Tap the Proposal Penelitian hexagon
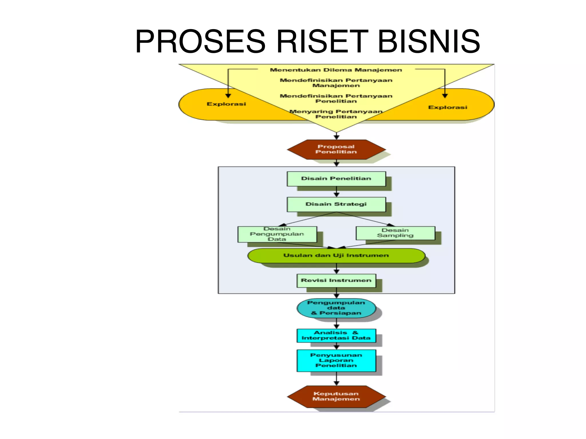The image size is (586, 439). [x=336, y=149]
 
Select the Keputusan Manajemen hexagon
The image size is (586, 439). [x=336, y=396]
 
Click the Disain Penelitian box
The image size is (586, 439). [x=336, y=179]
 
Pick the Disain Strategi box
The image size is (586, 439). [x=336, y=204]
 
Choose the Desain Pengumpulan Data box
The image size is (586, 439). [x=277, y=234]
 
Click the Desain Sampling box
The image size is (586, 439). [x=395, y=233]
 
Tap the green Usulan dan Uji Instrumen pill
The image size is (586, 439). [x=336, y=255]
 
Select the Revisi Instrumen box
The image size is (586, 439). [x=336, y=280]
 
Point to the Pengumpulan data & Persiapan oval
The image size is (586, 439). [x=336, y=308]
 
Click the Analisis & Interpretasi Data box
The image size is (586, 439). [x=336, y=335]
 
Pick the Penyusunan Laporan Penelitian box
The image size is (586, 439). [x=336, y=360]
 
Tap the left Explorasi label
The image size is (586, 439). [x=226, y=104]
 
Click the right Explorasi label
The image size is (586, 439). [x=448, y=107]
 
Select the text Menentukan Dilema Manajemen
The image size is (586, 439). [x=336, y=70]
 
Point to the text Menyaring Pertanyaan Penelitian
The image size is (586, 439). [x=336, y=114]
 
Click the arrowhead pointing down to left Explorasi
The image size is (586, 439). [x=228, y=96]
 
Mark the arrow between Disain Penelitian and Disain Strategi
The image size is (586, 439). [x=336, y=192]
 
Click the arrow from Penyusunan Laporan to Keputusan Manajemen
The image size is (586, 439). [x=336, y=379]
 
